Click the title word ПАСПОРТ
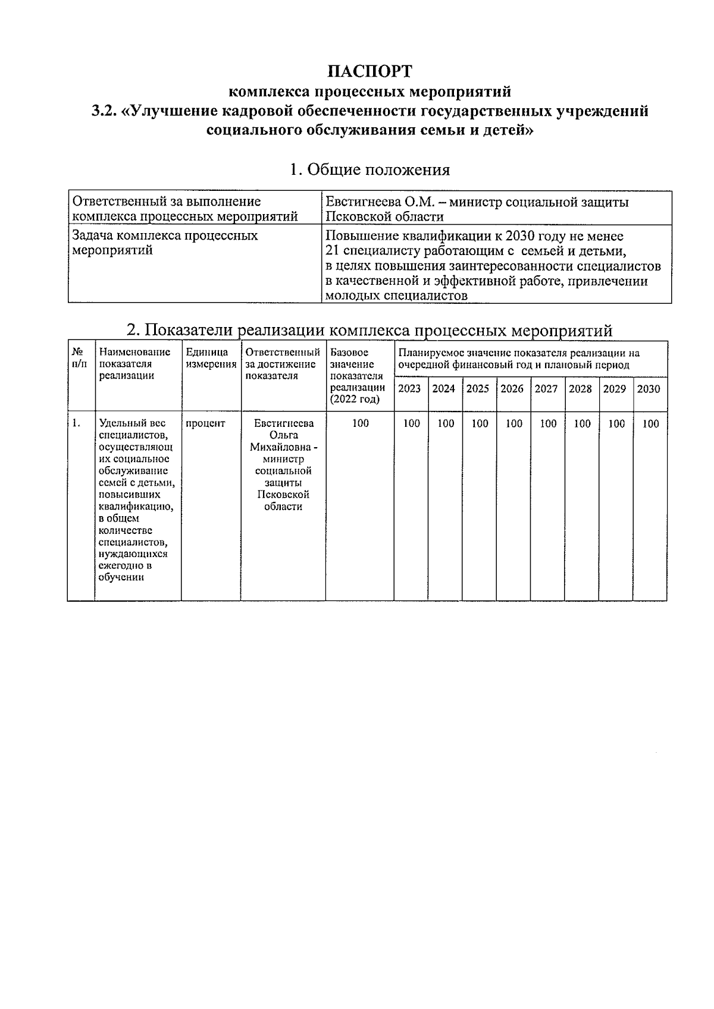[369, 72]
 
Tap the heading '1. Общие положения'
[369, 170]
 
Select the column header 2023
[409, 388]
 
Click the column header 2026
[512, 388]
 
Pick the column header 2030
[649, 388]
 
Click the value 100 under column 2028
[582, 423]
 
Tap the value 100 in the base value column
[360, 423]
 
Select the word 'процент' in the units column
[205, 423]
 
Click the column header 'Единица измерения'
[211, 358]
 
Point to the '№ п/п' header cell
[79, 358]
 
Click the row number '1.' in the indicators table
[76, 423]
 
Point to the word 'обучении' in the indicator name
[121, 577]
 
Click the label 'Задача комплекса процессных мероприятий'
[165, 243]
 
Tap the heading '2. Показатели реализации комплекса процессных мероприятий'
[369, 330]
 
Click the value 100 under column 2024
[445, 423]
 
